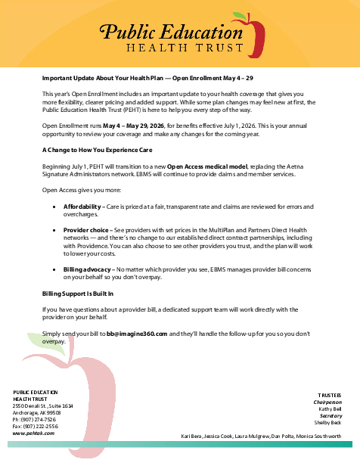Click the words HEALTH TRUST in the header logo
tap(178, 48)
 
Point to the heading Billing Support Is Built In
tap(77, 293)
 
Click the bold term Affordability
tap(82, 207)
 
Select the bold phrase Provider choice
tap(85, 228)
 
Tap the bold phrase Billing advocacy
tap(85, 269)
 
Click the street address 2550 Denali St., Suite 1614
tap(42, 406)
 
